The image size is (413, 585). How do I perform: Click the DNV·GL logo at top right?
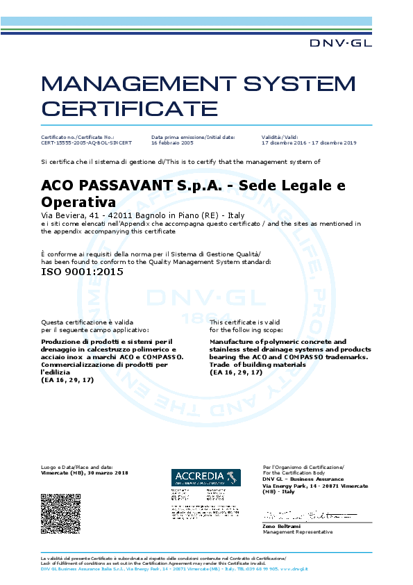[x=340, y=43]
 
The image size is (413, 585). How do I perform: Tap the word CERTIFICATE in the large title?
[x=129, y=109]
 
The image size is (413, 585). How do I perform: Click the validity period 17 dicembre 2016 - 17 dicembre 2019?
[x=308, y=142]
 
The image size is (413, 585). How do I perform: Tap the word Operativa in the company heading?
[x=78, y=203]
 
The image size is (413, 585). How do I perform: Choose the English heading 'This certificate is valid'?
[x=244, y=322]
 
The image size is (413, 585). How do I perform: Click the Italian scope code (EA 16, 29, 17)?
[x=67, y=381]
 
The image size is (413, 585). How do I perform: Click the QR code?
[x=62, y=513]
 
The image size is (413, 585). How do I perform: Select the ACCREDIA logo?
[x=205, y=477]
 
